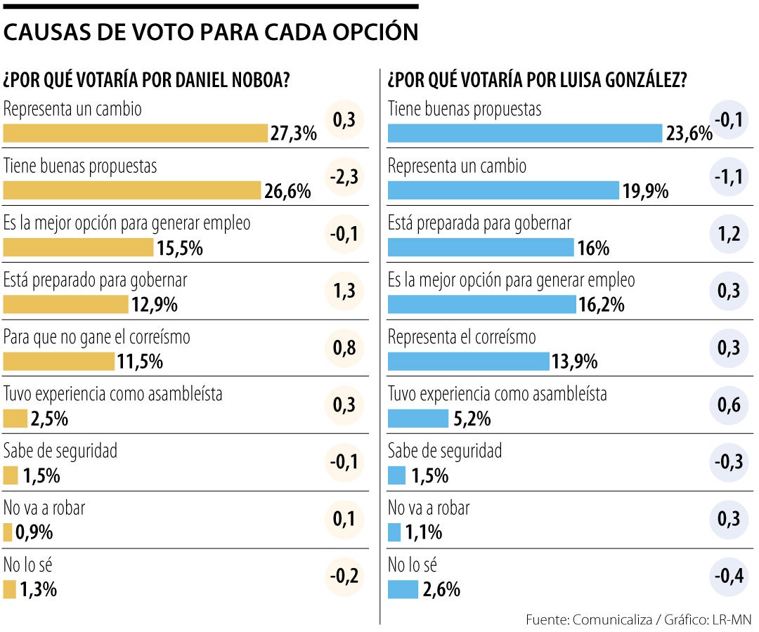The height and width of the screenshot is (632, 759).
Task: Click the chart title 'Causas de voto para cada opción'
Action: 211,32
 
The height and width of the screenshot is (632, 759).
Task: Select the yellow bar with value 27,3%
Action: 136,133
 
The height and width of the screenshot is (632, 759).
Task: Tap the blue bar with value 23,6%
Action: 525,133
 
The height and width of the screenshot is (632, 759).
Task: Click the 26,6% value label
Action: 287,191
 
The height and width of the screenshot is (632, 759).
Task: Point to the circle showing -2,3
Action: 344,177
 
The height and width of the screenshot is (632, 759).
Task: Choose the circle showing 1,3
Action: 344,291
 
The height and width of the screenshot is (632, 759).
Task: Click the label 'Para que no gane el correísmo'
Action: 97,337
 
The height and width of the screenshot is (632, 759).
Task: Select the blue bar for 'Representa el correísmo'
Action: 468,362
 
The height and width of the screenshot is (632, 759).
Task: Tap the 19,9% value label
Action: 645,191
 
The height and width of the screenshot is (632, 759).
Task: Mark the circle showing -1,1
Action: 729,177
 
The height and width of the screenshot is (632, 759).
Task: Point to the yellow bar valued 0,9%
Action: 8,533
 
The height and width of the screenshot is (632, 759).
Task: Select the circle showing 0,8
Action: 344,348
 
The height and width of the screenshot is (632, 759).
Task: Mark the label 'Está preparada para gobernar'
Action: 479,223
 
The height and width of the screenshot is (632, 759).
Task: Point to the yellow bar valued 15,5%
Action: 78,248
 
